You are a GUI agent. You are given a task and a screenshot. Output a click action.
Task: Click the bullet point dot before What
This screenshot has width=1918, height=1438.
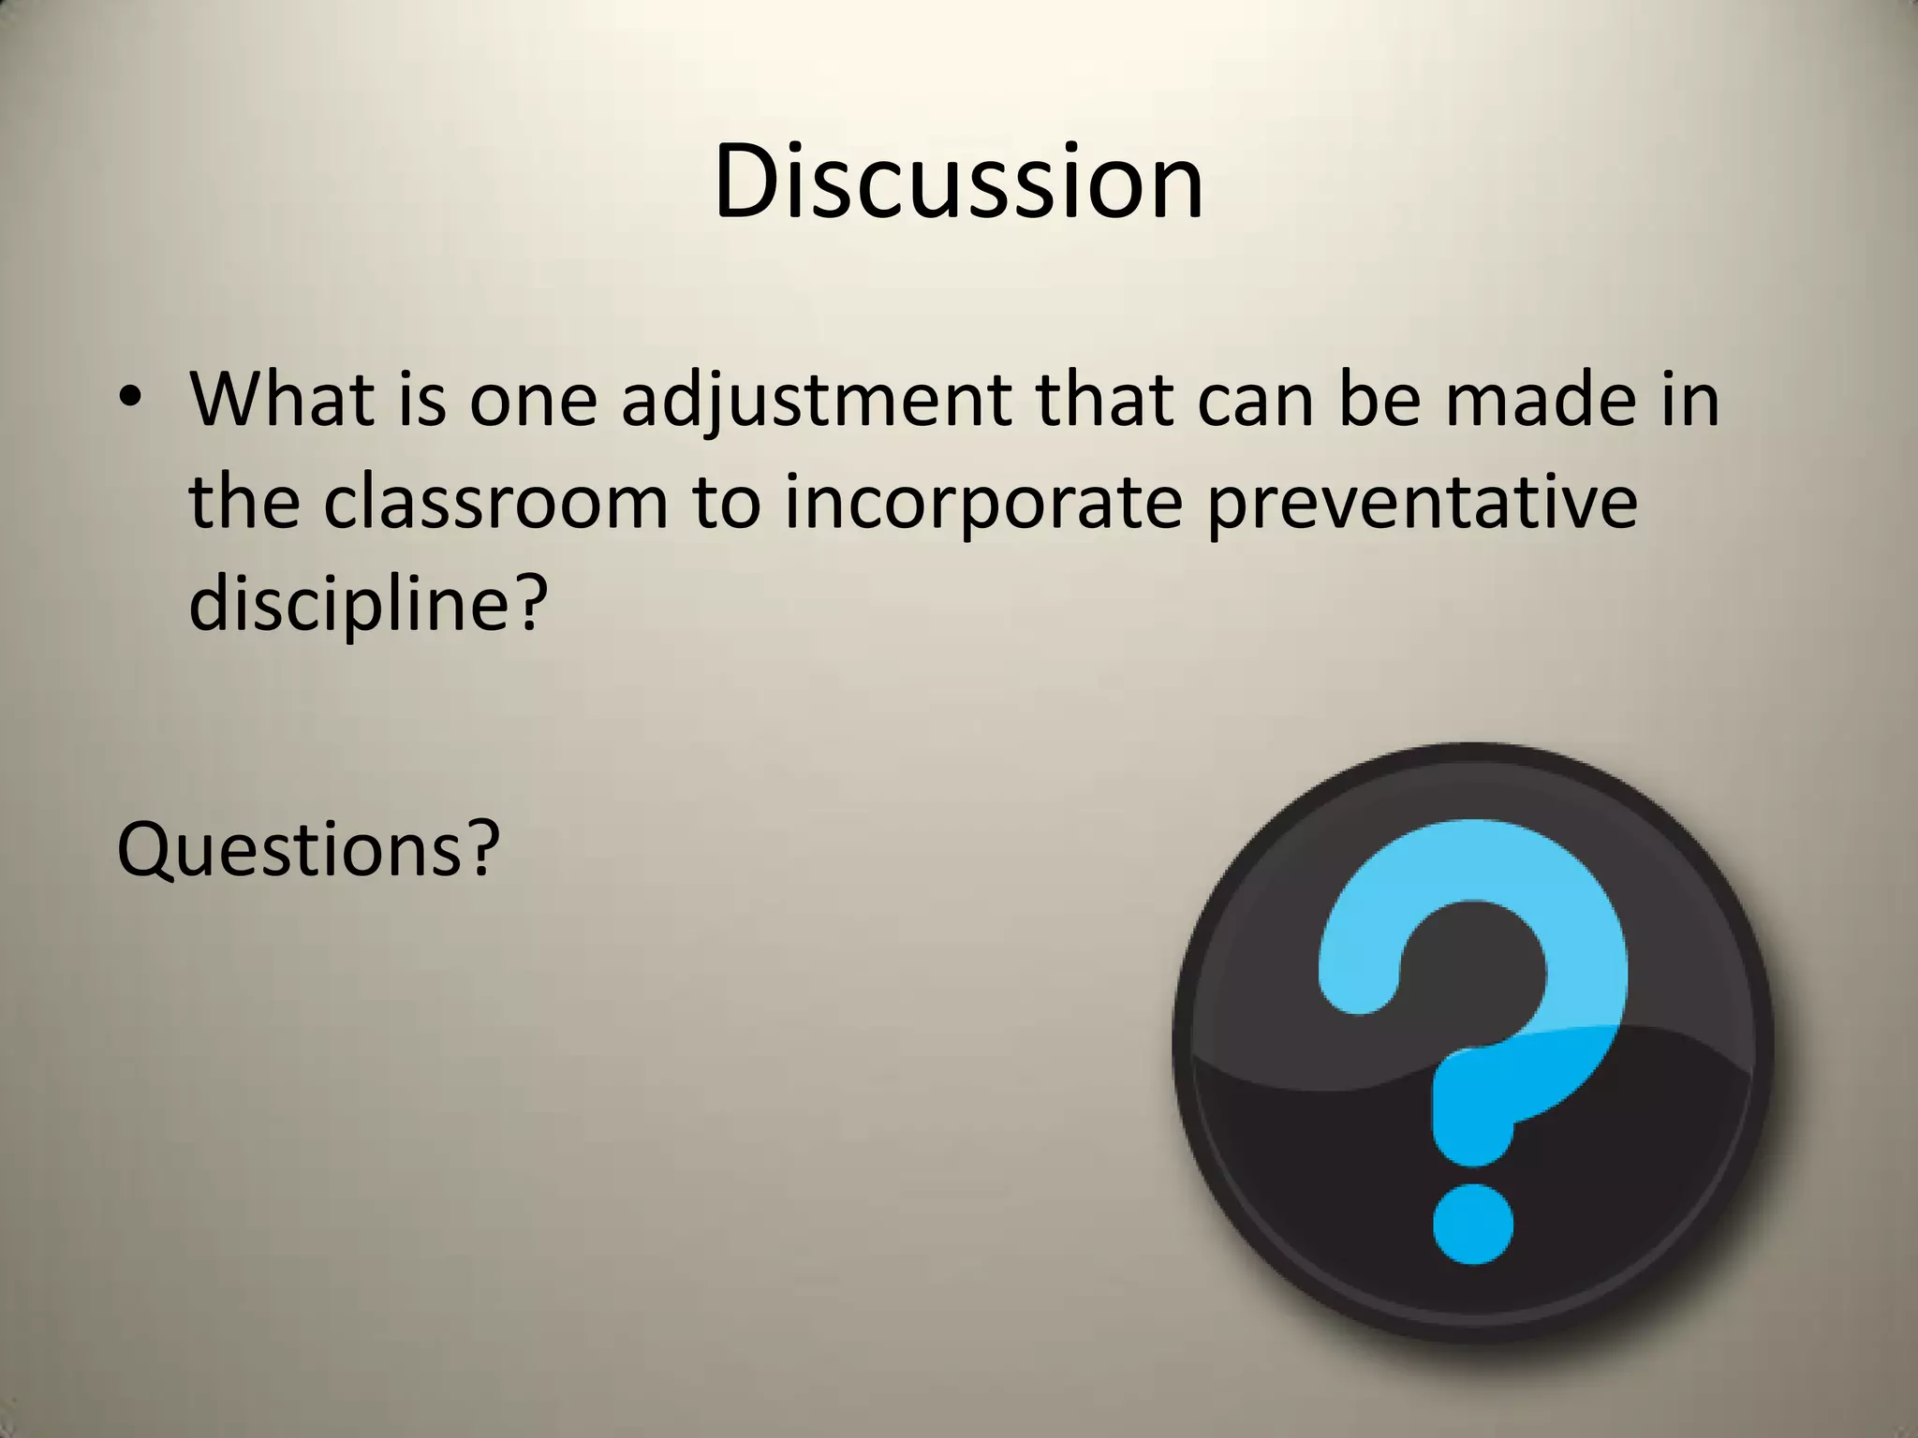point(130,401)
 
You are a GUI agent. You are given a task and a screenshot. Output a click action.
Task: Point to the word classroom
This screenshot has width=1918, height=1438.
point(496,502)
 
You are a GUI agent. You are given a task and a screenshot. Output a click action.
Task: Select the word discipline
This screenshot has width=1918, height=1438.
point(350,605)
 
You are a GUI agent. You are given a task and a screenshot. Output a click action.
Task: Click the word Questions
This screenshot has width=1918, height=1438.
point(290,849)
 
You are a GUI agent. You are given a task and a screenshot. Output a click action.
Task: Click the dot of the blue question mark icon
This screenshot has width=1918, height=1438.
point(1473,1224)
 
